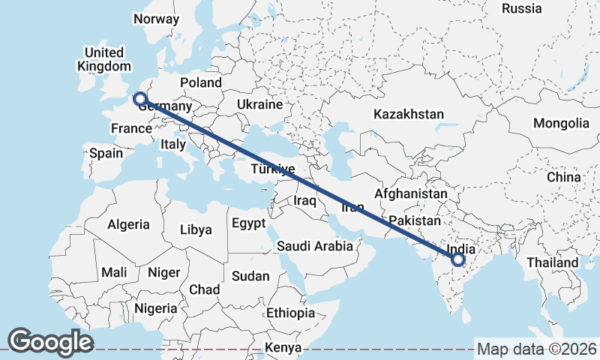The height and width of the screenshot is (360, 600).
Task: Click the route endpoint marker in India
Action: point(458,261)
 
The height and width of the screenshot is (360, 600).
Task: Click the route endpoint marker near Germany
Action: point(139,97)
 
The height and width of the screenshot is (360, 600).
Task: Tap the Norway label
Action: point(155,19)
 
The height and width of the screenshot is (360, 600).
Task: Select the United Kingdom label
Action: point(104,59)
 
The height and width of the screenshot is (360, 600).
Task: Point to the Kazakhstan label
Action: point(409,115)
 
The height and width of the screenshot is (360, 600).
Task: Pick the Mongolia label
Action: point(561,123)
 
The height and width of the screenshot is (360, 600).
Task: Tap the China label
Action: point(563,177)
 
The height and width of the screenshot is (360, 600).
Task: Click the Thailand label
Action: point(552,262)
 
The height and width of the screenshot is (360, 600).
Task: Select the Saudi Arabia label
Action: point(314,246)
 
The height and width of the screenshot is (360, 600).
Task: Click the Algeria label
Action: point(128,224)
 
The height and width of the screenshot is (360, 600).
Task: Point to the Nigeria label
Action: point(156,308)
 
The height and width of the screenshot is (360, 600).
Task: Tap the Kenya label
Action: point(282,348)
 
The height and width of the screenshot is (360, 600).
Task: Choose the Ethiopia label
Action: point(290,313)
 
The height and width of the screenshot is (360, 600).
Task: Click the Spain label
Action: point(106,153)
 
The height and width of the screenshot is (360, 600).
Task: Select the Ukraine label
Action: point(259,104)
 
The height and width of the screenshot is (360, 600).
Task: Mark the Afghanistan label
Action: point(410,194)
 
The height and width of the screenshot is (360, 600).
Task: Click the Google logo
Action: point(50,341)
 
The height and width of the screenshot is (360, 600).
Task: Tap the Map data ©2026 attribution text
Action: point(536,349)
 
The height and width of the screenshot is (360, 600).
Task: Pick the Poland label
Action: point(200,82)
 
